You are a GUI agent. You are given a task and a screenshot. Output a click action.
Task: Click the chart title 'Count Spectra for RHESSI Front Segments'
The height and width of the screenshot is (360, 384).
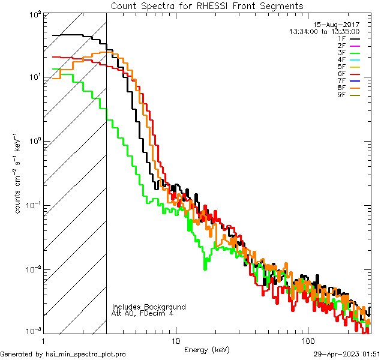pyautogui.click(x=207, y=5)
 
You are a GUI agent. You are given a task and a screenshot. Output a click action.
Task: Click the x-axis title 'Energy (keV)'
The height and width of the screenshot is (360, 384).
pyautogui.click(x=207, y=350)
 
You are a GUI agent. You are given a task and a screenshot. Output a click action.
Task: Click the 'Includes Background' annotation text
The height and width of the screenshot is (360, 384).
pyautogui.click(x=149, y=307)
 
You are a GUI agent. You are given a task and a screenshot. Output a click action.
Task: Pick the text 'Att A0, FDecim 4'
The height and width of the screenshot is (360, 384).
pyautogui.click(x=142, y=313)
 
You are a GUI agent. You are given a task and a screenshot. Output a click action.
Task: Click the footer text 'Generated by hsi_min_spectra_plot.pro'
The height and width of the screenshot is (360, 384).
pyautogui.click(x=63, y=354)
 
